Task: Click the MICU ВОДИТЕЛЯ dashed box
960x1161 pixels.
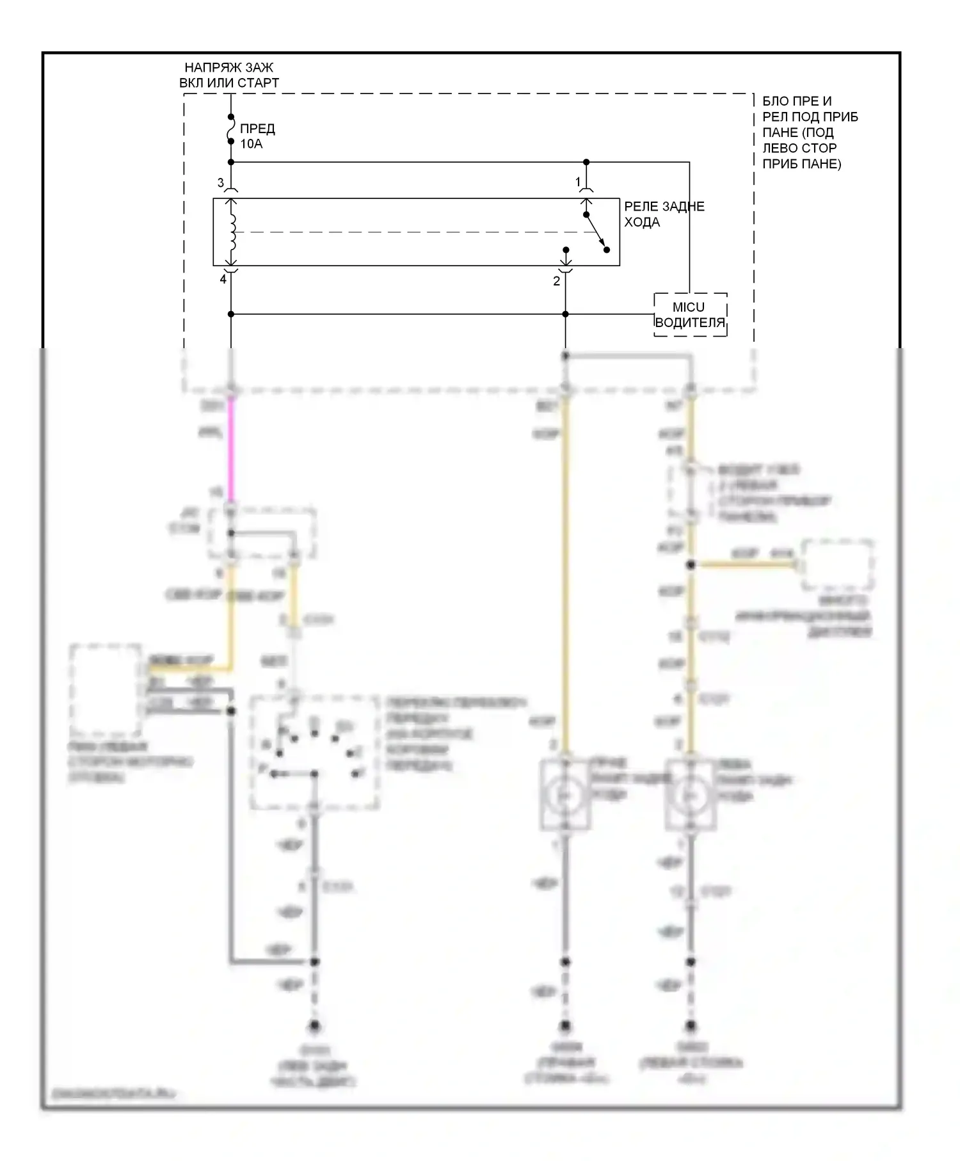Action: click(690, 315)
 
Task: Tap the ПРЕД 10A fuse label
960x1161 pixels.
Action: click(257, 136)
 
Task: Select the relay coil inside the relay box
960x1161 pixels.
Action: click(232, 232)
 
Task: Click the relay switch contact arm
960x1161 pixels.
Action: click(596, 232)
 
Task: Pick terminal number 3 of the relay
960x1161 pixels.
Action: click(221, 183)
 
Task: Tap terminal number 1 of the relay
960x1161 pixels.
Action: click(578, 182)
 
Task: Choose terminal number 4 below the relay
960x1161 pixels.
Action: click(223, 280)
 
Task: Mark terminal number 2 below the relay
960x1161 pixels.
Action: click(556, 281)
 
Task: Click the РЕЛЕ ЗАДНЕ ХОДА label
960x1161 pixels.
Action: click(664, 214)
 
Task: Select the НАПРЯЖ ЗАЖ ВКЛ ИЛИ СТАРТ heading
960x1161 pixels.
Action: click(229, 75)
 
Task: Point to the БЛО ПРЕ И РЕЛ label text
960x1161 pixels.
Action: click(809, 132)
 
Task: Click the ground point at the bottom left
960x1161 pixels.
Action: click(314, 1027)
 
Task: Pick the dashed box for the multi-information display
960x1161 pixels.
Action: click(838, 565)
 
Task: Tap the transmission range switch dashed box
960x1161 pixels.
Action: click(314, 753)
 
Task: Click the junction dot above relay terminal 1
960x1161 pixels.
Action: click(586, 163)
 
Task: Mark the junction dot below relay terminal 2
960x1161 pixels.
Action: click(565, 314)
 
